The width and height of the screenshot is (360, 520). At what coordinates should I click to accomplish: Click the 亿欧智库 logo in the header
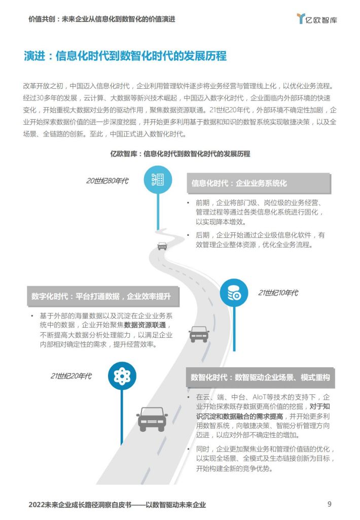pos(317,19)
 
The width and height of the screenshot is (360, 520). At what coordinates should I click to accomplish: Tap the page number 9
pos(329,504)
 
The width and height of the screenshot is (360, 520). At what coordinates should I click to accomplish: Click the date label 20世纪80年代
pos(107,181)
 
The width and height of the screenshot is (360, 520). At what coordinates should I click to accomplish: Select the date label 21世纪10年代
pos(278,293)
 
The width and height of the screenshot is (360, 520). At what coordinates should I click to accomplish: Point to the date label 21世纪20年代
pos(70,376)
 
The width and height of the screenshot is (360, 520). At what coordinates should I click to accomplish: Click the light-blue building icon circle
pos(158,180)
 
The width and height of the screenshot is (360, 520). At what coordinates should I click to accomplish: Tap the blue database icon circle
pos(234,293)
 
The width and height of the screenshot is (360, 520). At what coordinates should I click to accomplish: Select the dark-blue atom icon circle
pos(122,376)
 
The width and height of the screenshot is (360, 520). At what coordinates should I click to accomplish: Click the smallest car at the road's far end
pos(162,246)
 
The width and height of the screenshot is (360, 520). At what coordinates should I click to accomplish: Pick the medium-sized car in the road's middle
pos(199,334)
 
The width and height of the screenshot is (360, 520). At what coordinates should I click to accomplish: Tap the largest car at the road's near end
pos(152,419)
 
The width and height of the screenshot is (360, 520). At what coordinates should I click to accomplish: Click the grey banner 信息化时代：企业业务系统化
pos(259,183)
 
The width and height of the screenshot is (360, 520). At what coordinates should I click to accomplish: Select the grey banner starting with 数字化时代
pos(103,296)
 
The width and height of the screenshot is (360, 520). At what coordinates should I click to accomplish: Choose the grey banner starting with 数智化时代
pos(260,377)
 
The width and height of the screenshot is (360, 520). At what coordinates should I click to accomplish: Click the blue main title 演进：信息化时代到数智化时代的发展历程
pos(125,56)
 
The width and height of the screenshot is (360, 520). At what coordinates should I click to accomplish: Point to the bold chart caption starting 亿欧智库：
pos(180,154)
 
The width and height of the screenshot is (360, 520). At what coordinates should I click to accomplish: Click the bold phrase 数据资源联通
pos(145,325)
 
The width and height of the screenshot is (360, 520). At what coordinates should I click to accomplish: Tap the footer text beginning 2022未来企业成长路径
pos(117,505)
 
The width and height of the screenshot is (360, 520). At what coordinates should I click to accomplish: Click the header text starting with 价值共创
pos(102,19)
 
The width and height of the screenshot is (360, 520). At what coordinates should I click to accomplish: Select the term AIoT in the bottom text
pos(260,397)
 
